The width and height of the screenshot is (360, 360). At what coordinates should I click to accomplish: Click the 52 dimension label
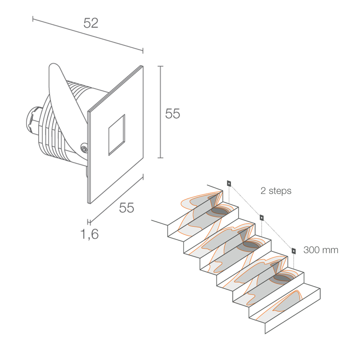pyautogui.click(x=91, y=23)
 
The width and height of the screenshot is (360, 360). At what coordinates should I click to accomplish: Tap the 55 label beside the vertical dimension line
pyautogui.click(x=172, y=113)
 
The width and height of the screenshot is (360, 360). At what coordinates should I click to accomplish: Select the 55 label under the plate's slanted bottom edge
pyautogui.click(x=126, y=208)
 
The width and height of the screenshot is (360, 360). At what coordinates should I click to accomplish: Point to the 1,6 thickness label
pyautogui.click(x=89, y=234)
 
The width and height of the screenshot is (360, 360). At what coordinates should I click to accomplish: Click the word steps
pyautogui.click(x=280, y=191)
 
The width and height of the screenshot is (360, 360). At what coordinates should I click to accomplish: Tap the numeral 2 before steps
pyautogui.click(x=263, y=190)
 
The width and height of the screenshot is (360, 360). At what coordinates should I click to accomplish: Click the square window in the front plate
pyautogui.click(x=117, y=135)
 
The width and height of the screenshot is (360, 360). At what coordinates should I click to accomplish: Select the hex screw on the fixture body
pyautogui.click(x=84, y=149)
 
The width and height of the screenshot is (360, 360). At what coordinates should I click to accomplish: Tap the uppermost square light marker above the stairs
pyautogui.click(x=229, y=183)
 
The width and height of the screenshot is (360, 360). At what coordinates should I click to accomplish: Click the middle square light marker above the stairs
pyautogui.click(x=261, y=217)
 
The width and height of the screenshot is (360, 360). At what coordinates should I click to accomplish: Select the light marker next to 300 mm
pyautogui.click(x=293, y=251)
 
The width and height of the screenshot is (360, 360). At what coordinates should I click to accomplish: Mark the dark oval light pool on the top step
pyautogui.click(x=220, y=211)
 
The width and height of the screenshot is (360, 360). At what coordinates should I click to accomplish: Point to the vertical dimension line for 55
pyautogui.click(x=161, y=112)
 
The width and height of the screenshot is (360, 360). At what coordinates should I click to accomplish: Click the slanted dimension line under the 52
pyautogui.click(x=88, y=35)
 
